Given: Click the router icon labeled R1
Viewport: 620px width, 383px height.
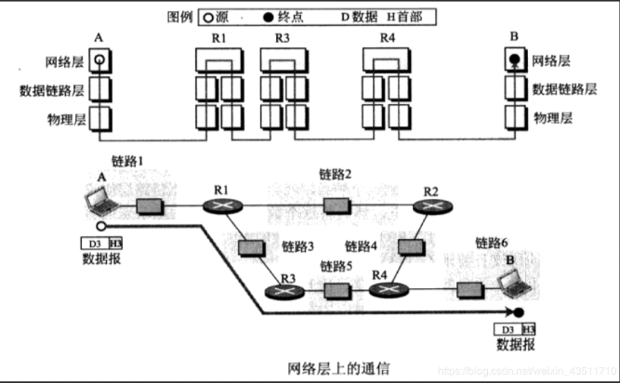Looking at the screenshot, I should pyautogui.click(x=223, y=205).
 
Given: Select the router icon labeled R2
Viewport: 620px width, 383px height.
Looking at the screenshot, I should pyautogui.click(x=430, y=205).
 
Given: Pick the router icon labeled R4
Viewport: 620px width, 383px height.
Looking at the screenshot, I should pyautogui.click(x=383, y=289).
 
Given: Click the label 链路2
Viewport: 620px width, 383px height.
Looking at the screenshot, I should pyautogui.click(x=336, y=174).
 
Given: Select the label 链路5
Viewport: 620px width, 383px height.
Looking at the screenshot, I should pyautogui.click(x=337, y=266).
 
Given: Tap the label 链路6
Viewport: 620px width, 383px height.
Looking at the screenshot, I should pyautogui.click(x=492, y=243).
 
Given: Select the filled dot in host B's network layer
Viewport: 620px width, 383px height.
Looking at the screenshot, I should pyautogui.click(x=512, y=61).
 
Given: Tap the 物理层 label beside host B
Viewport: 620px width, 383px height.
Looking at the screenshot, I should pyautogui.click(x=552, y=118).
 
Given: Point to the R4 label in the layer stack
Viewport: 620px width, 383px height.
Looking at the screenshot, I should pyautogui.click(x=388, y=38).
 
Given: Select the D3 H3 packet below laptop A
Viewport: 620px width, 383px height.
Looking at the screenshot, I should pyautogui.click(x=101, y=244).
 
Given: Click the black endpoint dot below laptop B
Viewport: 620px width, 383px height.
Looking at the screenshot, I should pyautogui.click(x=521, y=313).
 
